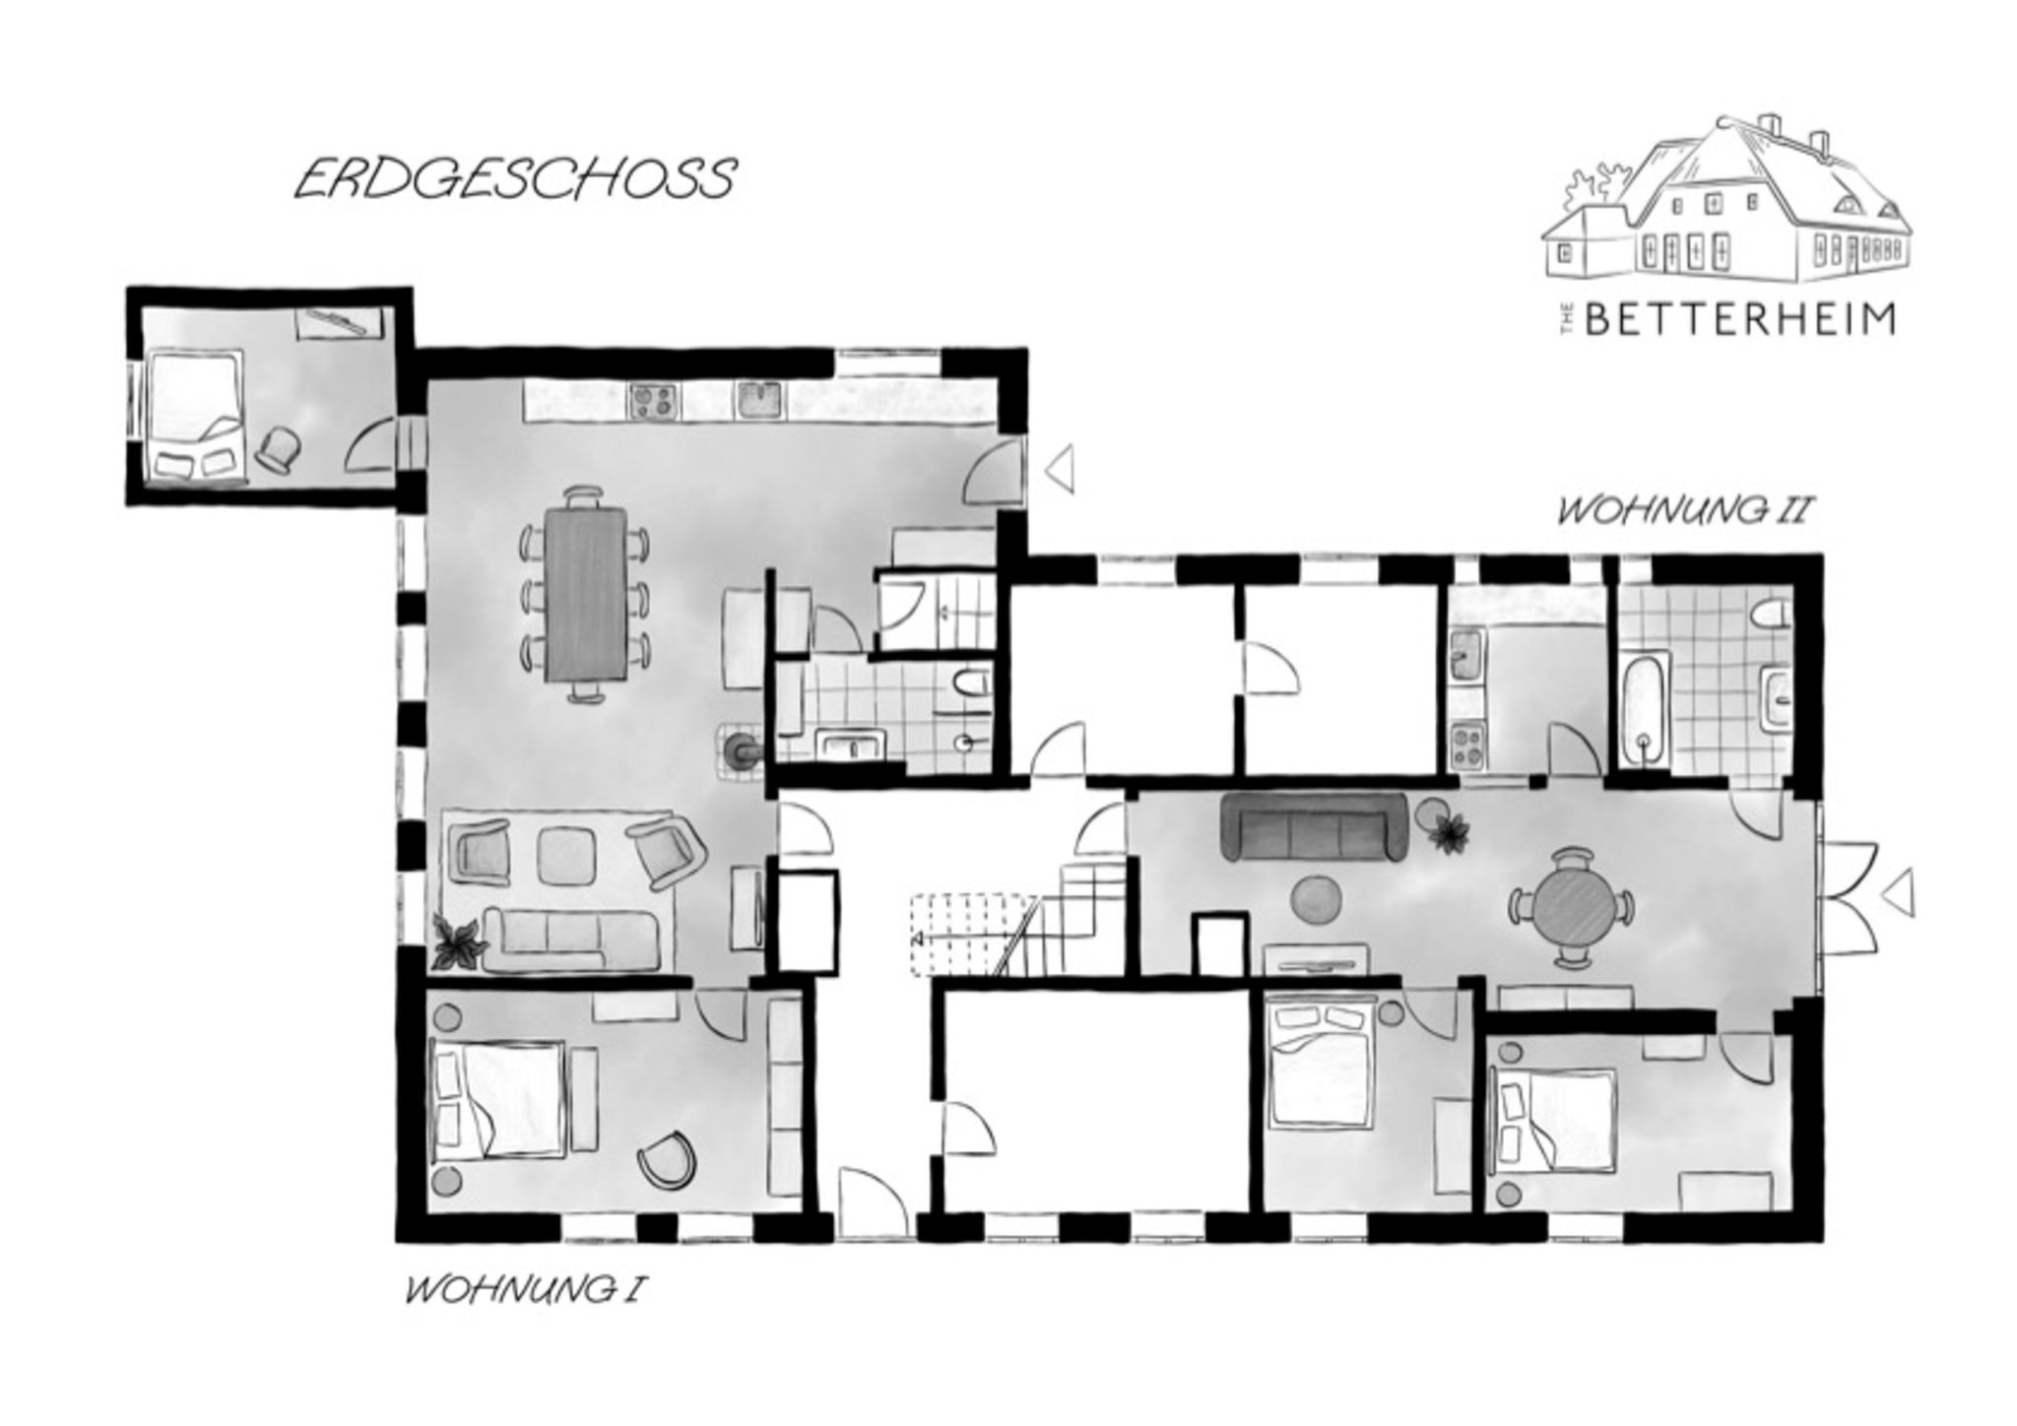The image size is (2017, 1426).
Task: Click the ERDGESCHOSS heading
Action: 515,179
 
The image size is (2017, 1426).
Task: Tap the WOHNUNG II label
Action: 1683,512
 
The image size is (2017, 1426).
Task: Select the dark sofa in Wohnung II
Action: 1314,825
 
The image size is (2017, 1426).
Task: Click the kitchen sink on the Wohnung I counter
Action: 759,399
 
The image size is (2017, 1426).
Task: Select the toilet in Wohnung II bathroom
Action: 1768,616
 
